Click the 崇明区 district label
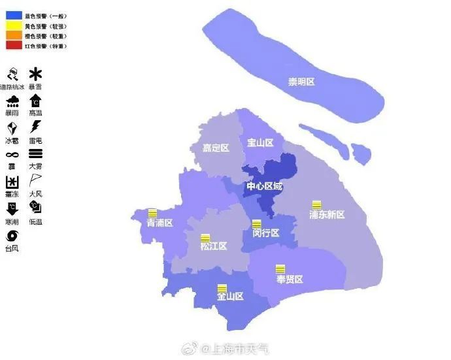pos(301,82)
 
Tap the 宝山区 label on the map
pos(260,142)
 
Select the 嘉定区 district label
pos(216,148)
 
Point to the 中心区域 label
pos(265,187)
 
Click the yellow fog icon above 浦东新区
pos(317,205)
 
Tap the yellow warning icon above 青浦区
pos(152,212)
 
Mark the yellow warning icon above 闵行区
pos(257,224)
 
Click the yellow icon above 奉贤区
pos(280,269)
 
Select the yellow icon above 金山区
pos(222,287)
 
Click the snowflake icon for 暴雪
pos(35,74)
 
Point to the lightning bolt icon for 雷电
pos(35,126)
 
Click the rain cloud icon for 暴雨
pos(12,101)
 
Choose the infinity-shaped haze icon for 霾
pos(12,154)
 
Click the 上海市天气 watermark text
pos(238,350)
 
